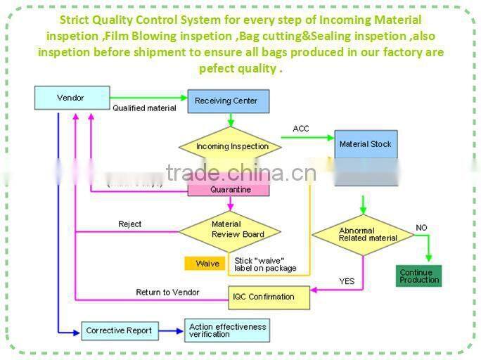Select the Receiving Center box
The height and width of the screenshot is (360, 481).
[226, 101]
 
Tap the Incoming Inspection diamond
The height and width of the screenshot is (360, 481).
[231, 146]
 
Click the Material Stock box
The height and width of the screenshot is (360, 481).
[365, 145]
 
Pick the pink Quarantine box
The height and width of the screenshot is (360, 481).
[230, 190]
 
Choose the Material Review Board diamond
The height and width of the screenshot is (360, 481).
[229, 230]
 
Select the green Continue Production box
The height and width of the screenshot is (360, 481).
[418, 276]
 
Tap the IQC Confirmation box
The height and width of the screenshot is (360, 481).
[263, 297]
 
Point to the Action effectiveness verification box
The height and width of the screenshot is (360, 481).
[227, 330]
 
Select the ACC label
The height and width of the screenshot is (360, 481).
[300, 129]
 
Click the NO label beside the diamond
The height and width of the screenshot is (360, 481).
[421, 228]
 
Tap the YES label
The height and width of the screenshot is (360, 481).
[347, 281]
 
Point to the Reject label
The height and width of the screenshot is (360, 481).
[129, 224]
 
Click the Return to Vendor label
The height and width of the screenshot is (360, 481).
[167, 292]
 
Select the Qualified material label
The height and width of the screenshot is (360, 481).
[144, 108]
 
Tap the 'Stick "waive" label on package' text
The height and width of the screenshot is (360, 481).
[265, 264]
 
